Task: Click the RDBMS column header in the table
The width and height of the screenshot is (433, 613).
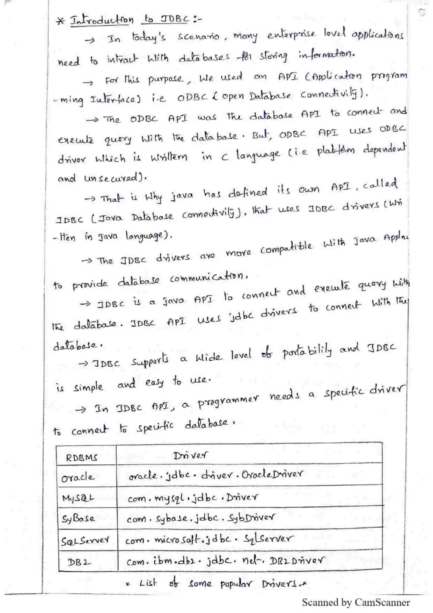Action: [x=81, y=457]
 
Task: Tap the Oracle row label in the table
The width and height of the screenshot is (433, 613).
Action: [x=78, y=477]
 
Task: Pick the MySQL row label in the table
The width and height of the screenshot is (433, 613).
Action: [x=78, y=498]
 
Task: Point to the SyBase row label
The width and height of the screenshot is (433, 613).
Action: [x=78, y=518]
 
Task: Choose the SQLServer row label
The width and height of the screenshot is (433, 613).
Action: [x=85, y=541]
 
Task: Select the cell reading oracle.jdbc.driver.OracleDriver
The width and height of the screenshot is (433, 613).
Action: [x=215, y=475]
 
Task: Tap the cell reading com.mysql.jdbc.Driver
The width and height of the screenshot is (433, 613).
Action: [x=193, y=498]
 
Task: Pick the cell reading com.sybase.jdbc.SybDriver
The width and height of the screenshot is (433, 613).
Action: [x=200, y=518]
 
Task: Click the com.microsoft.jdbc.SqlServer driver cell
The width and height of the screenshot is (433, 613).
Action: [x=209, y=539]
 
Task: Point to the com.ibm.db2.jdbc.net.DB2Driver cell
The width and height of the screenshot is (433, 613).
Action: [x=225, y=561]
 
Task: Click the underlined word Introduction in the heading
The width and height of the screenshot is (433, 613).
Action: [x=102, y=20]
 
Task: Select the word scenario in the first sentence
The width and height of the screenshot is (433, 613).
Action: [x=198, y=36]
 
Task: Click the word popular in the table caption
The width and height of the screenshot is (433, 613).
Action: [x=236, y=584]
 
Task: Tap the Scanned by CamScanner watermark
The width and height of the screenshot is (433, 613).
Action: [x=355, y=603]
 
